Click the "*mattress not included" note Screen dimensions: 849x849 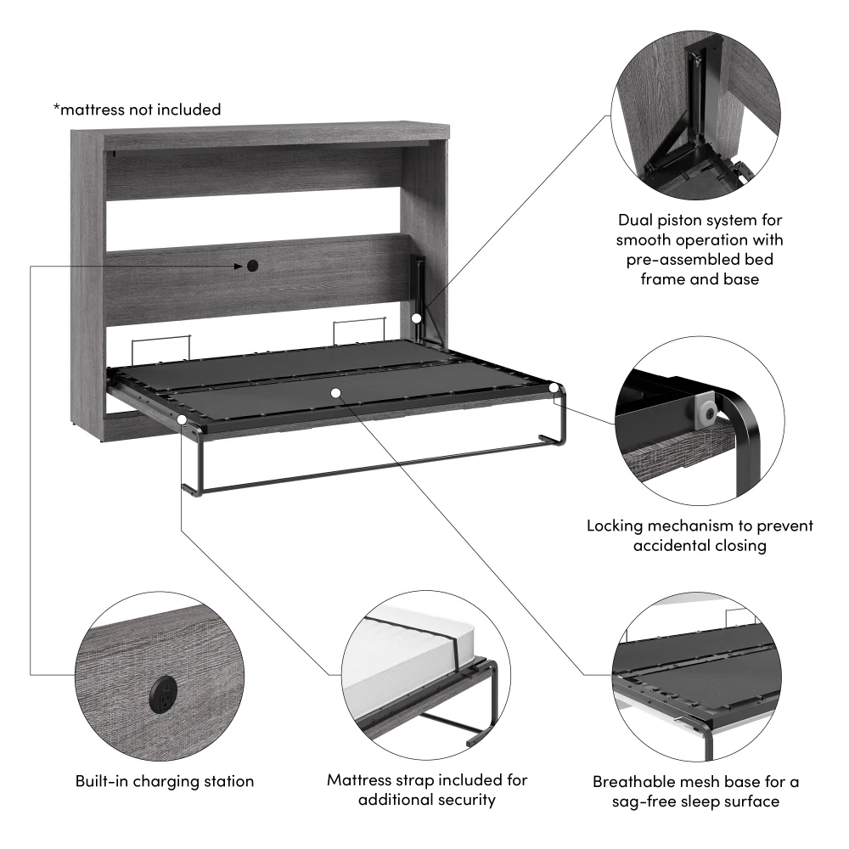click(x=137, y=110)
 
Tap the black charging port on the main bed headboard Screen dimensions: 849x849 click(x=253, y=267)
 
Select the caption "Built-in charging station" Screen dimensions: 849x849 click(x=165, y=781)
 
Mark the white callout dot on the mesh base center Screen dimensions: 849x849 click(x=336, y=393)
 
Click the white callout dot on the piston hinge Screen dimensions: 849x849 click(x=417, y=317)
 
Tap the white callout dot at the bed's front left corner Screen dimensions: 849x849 click(x=183, y=419)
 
